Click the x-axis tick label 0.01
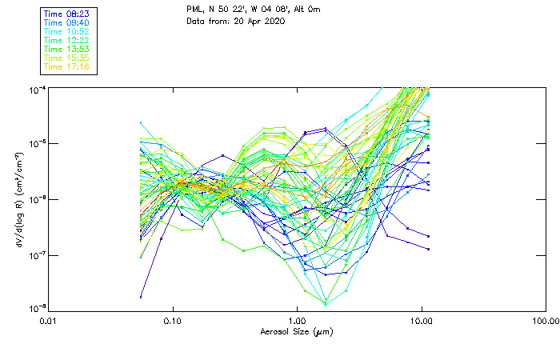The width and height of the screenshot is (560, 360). [49, 320]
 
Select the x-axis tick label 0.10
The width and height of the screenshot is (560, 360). [173, 320]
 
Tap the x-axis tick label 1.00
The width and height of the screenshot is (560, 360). [297, 320]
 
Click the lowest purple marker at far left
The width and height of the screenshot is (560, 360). [141, 297]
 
